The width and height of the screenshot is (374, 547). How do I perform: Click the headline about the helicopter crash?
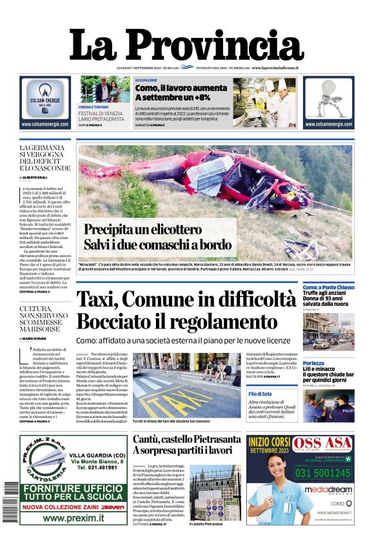click(x=157, y=236)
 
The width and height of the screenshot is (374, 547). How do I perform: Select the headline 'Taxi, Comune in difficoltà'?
click(x=186, y=300)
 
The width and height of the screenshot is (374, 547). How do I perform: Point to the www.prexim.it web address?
click(x=74, y=517)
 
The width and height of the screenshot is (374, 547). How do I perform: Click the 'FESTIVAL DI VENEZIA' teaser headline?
click(x=102, y=113)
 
